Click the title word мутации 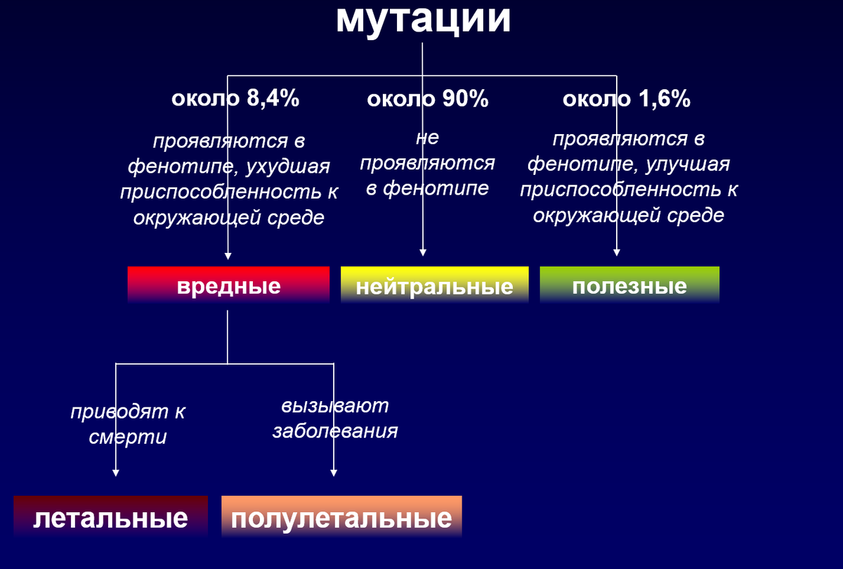[x=422, y=20]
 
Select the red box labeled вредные [x=228, y=285]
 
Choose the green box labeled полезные [x=629, y=285]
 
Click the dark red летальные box [x=111, y=518]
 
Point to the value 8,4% [x=273, y=99]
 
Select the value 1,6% [x=665, y=99]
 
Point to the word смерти [x=128, y=436]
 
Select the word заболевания [x=335, y=430]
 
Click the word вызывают [x=335, y=406]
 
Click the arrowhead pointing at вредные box [x=228, y=255]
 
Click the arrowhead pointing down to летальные [x=115, y=473]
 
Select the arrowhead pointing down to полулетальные [x=333, y=473]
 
